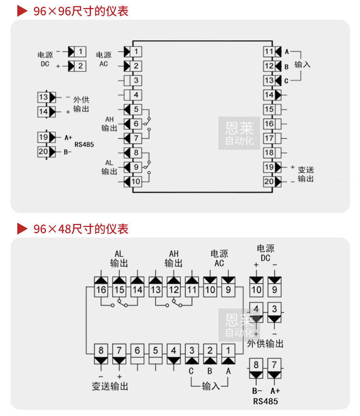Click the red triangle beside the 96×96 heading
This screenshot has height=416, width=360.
point(22,11)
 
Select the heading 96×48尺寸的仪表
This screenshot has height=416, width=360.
point(81,228)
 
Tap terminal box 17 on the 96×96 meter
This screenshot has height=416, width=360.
point(269,139)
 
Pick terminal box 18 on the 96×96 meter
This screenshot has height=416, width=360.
point(269,153)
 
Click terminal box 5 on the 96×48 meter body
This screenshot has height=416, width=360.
point(155,350)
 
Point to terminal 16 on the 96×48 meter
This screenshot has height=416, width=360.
point(101,290)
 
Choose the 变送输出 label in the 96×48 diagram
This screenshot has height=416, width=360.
point(110,386)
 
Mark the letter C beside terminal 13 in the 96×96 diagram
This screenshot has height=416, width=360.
point(287,81)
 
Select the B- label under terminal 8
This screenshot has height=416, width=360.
point(256,391)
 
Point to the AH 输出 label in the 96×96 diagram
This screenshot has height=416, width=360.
point(109,124)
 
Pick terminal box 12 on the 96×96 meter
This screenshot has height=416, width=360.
point(269,66)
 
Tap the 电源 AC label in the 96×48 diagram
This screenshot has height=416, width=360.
point(219,258)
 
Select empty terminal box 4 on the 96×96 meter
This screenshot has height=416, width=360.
point(136,95)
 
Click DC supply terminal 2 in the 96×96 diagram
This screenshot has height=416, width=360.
point(80,66)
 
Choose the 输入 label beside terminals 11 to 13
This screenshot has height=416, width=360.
point(302,64)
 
